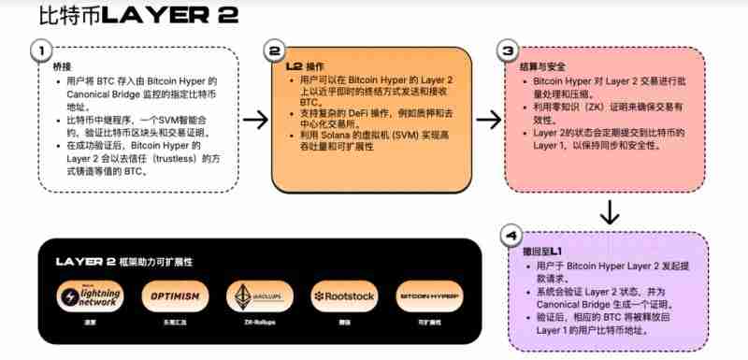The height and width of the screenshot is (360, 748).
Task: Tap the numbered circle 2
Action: (274, 50)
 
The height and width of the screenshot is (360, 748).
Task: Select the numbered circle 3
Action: (508, 50)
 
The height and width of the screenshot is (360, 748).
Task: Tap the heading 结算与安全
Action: (539, 68)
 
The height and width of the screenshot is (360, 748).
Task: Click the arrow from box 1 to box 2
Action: (255, 119)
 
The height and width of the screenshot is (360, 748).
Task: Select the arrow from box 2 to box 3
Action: (488, 119)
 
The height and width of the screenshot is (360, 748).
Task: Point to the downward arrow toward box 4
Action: (609, 212)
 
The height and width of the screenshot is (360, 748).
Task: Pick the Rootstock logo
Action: (343, 295)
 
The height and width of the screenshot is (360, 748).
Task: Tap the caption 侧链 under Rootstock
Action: (343, 321)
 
